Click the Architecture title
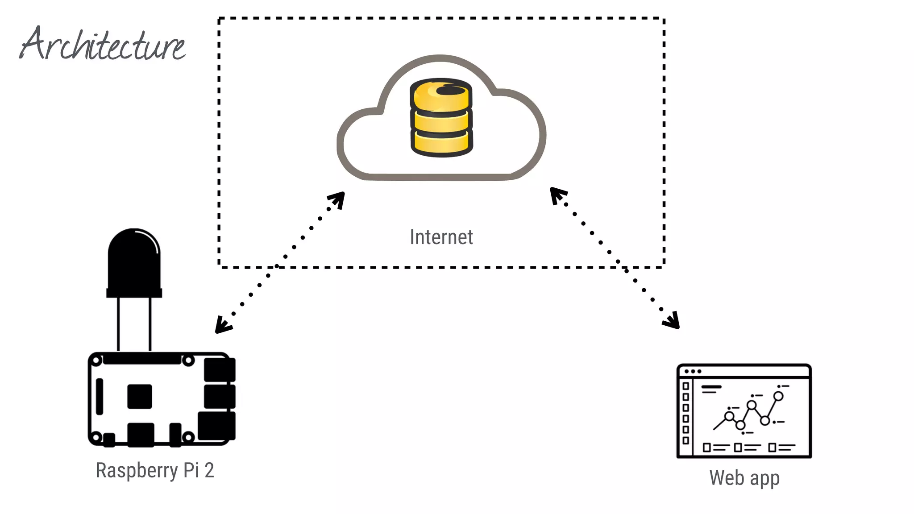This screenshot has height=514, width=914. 103,45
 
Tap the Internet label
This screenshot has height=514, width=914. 441,237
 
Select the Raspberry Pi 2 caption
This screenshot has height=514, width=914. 154,470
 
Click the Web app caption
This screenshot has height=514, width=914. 744,478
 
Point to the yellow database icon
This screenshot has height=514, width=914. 441,118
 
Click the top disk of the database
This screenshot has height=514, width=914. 441,95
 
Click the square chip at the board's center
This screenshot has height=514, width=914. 139,396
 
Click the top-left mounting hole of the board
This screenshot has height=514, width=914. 96,361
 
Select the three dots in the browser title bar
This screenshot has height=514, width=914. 693,371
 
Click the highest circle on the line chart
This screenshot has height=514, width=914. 778,396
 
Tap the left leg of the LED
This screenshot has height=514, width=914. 118,324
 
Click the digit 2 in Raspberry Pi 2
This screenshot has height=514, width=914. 209,470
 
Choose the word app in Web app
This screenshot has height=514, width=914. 764,479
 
